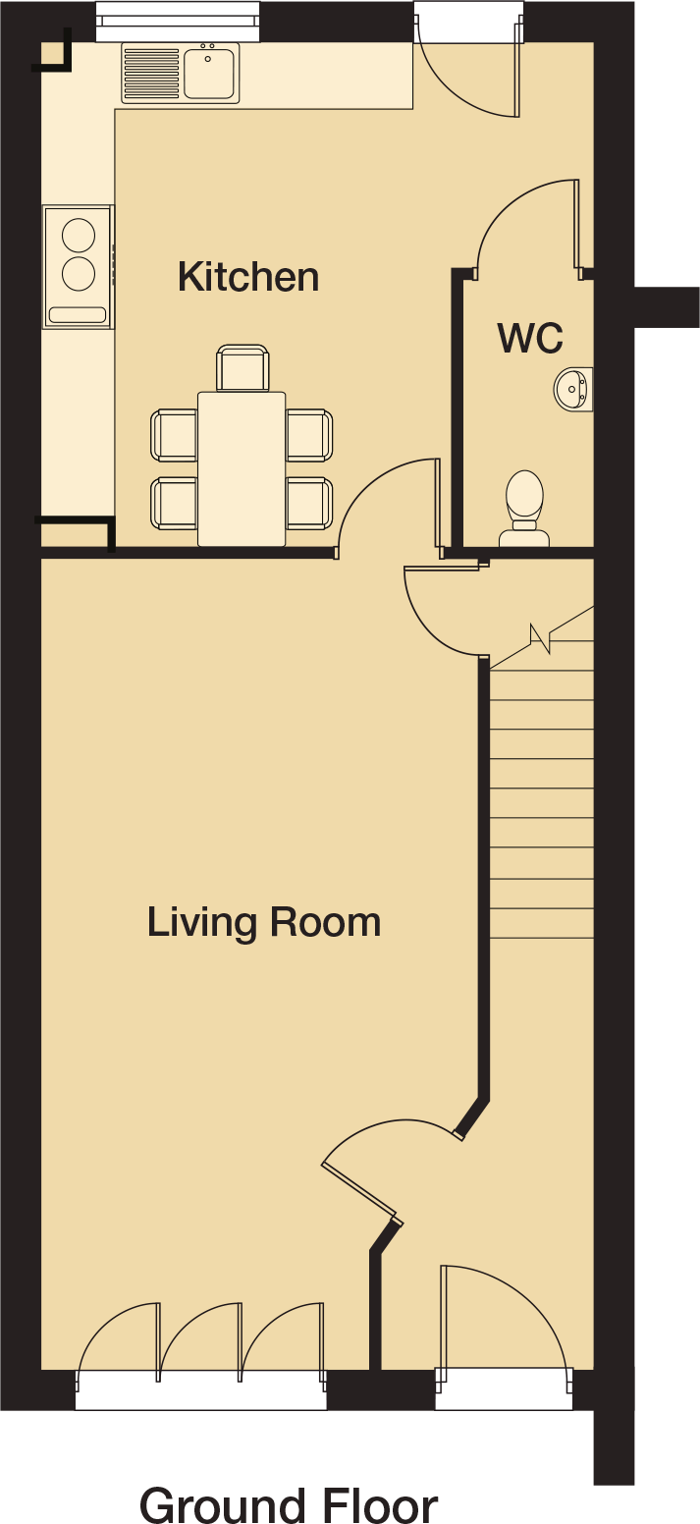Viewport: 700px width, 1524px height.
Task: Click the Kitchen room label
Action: pyautogui.click(x=248, y=277)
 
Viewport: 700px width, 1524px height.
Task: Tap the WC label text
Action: pyautogui.click(x=530, y=338)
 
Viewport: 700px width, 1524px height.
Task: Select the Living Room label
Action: pyautogui.click(x=264, y=923)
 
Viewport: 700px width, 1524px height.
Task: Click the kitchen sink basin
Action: pyautogui.click(x=210, y=73)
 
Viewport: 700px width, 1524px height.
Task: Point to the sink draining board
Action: pyautogui.click(x=152, y=73)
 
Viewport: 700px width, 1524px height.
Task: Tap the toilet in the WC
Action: pyautogui.click(x=524, y=509)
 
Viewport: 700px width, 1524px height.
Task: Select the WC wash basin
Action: pyautogui.click(x=573, y=389)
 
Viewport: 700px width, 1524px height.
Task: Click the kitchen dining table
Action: pyautogui.click(x=242, y=468)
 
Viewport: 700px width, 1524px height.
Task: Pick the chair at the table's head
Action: pyautogui.click(x=242, y=368)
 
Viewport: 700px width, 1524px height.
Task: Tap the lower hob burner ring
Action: pyautogui.click(x=79, y=274)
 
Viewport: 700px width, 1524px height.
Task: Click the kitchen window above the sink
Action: pyautogui.click(x=178, y=22)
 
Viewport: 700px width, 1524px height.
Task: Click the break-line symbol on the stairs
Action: pyautogui.click(x=541, y=638)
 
